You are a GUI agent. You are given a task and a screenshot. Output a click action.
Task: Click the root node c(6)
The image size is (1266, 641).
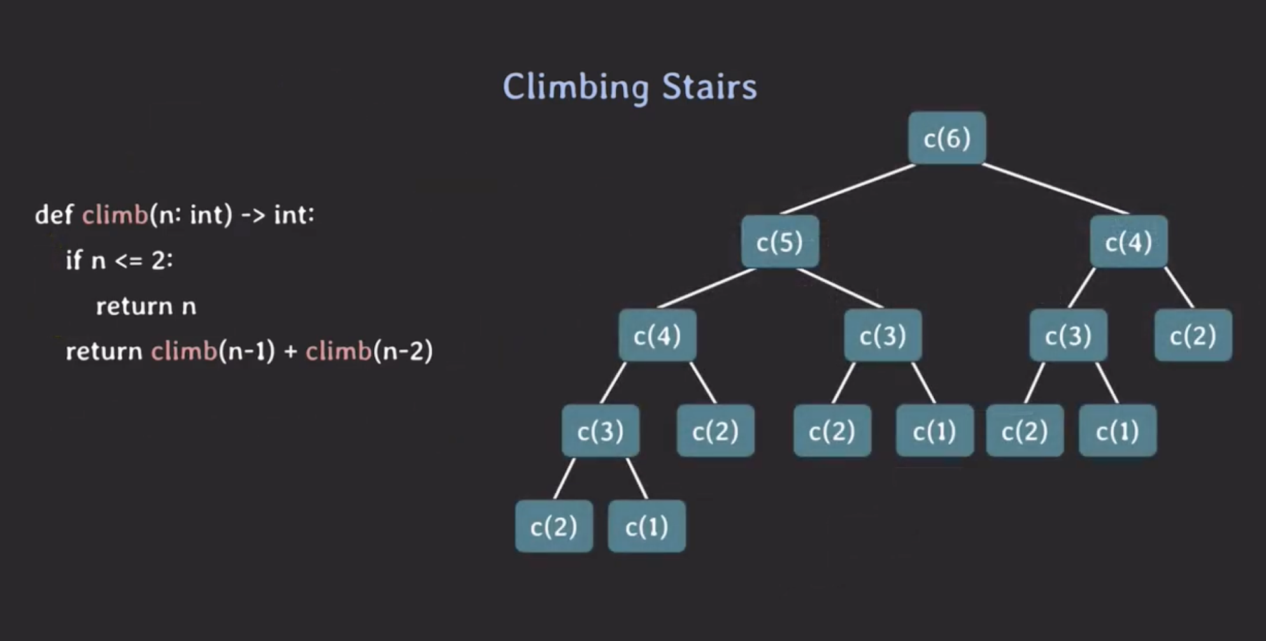click(x=947, y=138)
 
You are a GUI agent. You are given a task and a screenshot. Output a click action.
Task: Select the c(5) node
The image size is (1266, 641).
click(x=779, y=242)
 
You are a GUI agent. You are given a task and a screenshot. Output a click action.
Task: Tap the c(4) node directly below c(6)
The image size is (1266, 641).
click(x=1128, y=242)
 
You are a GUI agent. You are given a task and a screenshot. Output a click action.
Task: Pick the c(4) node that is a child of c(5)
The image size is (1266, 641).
click(x=657, y=336)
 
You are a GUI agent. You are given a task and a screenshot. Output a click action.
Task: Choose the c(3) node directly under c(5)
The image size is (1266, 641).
click(x=883, y=336)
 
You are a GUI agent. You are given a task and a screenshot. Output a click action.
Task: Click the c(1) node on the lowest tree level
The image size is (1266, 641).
click(x=646, y=527)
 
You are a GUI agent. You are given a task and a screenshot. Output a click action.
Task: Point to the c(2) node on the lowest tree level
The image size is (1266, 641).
click(x=553, y=527)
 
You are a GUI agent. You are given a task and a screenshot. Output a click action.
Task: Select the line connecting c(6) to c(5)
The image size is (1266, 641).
click(x=848, y=189)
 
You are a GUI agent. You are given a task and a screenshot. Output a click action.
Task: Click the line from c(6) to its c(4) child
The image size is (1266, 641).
click(x=1055, y=189)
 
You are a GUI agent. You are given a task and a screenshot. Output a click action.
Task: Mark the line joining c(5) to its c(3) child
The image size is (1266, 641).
click(x=840, y=288)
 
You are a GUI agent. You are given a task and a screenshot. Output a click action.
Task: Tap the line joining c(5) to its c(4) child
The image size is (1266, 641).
click(x=707, y=288)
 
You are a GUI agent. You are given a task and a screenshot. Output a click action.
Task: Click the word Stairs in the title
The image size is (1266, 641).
click(x=709, y=87)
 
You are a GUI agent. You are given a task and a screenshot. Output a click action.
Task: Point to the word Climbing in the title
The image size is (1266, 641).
click(x=575, y=87)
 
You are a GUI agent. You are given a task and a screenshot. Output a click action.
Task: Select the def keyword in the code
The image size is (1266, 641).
click(x=53, y=215)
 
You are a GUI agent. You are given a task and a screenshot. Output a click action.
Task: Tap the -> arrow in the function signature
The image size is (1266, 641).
click(x=253, y=215)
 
